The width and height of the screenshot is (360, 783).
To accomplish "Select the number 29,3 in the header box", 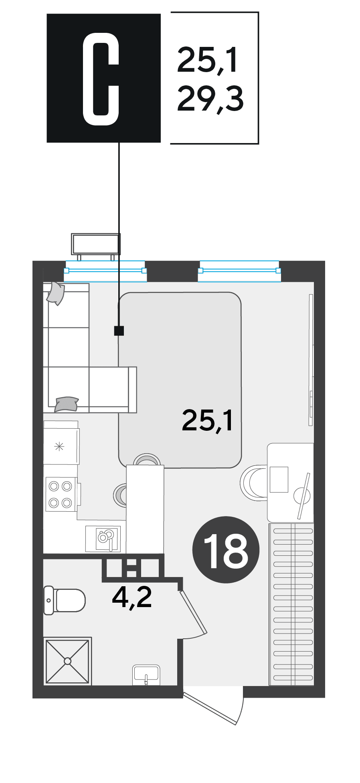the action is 210,99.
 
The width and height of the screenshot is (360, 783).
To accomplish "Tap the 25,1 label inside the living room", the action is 207,420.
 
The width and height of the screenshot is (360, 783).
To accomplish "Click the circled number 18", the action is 226,549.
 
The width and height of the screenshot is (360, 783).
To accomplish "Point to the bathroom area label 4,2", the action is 132,597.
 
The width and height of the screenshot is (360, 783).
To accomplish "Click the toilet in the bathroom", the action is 64,600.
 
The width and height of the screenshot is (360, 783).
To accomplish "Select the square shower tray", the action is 67,661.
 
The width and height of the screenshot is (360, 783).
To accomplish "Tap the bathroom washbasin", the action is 146,675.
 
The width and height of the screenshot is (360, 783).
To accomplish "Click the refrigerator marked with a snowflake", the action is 61,442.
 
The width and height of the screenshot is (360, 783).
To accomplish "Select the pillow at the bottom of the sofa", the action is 66,404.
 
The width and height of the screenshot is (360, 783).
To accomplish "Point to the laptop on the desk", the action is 279,479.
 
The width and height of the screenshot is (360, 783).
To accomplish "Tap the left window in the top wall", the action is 105,271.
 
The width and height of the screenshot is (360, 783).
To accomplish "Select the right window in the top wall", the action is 239,271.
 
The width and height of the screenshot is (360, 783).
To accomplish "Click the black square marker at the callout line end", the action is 119,331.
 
